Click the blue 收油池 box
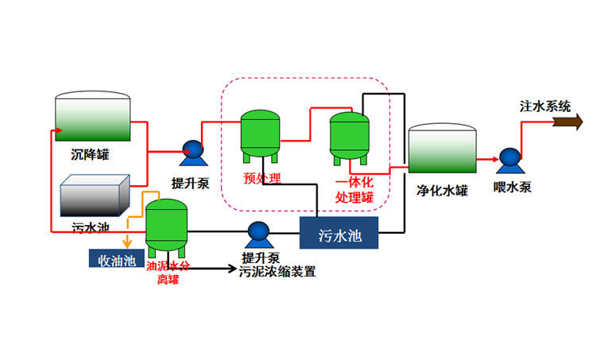117,259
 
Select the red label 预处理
261,177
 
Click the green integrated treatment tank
350,136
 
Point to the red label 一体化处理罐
354,189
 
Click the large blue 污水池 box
339,235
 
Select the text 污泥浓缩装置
279,272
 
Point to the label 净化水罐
442,191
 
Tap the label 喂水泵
512,188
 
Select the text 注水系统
545,106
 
